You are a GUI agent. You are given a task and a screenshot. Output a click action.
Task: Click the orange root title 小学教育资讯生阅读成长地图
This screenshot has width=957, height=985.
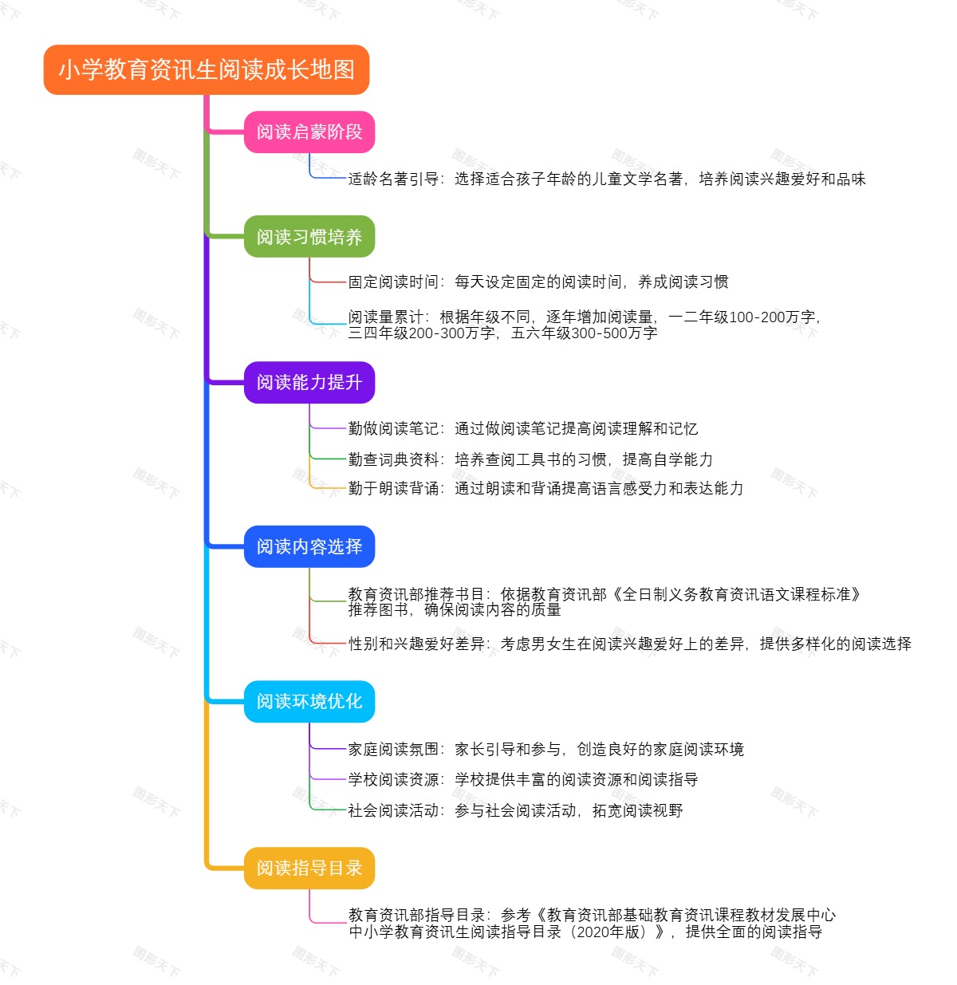pyautogui.click(x=207, y=70)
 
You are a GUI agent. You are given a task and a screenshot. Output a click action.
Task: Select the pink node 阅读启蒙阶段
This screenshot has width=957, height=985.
pyautogui.click(x=309, y=132)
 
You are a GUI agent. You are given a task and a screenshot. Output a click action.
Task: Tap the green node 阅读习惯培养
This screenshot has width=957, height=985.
pyautogui.click(x=309, y=237)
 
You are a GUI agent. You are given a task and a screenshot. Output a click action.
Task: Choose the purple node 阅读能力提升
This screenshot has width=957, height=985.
pyautogui.click(x=309, y=383)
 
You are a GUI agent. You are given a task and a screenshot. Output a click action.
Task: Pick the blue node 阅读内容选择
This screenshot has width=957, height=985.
pyautogui.click(x=309, y=547)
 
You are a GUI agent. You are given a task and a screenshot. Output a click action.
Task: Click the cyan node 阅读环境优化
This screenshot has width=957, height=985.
pyautogui.click(x=309, y=702)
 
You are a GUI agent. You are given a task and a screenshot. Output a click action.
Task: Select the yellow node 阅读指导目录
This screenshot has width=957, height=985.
pyautogui.click(x=309, y=869)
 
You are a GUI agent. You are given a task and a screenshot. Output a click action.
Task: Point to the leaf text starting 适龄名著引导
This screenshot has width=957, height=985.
pyautogui.click(x=606, y=179)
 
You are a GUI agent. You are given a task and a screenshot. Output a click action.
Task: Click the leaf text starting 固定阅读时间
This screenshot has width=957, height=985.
pyautogui.click(x=538, y=282)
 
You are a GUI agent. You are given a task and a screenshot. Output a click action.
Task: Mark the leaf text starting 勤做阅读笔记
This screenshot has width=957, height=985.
pyautogui.click(x=522, y=429)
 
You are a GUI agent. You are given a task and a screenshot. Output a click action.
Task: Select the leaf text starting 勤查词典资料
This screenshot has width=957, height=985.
pyautogui.click(x=530, y=460)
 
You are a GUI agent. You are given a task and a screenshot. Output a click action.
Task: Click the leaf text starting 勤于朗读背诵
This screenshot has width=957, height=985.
pyautogui.click(x=545, y=489)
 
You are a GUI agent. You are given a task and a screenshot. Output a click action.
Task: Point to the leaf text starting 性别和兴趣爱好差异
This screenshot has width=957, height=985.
pyautogui.click(x=629, y=644)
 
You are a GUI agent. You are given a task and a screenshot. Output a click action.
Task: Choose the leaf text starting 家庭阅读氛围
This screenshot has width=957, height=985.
pyautogui.click(x=545, y=750)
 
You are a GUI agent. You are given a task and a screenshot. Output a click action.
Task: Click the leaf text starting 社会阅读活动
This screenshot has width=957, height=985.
pyautogui.click(x=515, y=811)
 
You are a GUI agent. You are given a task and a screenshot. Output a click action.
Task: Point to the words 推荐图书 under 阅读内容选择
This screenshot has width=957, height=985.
pyautogui.click(x=378, y=610)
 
